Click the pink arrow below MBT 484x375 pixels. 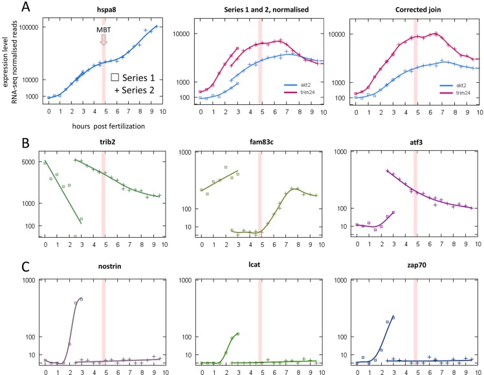click(104, 40)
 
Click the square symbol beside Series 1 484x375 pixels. click(114, 77)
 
